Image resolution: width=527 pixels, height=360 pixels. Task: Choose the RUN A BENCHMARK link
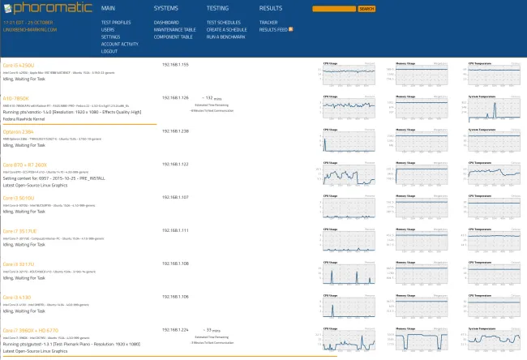(225, 37)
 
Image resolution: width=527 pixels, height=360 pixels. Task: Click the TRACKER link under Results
(268, 23)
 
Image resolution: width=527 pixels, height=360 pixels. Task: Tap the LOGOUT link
(109, 51)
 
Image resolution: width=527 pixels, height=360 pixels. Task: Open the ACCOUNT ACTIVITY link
(120, 44)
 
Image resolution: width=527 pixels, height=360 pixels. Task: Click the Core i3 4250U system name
(19, 64)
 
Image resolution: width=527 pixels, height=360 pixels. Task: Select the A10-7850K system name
(15, 97)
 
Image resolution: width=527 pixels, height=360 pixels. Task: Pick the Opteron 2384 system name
(18, 131)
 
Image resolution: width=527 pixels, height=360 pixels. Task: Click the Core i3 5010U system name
(19, 197)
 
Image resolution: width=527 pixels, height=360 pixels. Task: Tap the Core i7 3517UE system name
(21, 230)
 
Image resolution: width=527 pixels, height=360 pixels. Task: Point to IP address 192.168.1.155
(175, 64)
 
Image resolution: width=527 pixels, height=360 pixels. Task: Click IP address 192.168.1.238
(175, 131)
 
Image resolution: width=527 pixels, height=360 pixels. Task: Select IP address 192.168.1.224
(175, 330)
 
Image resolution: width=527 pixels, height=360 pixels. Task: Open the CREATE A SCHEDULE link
(228, 30)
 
